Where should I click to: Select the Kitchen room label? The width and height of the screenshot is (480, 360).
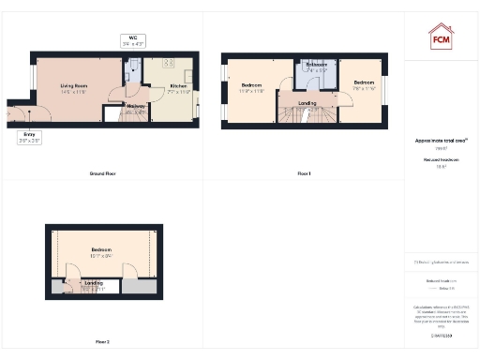[x=180, y=88]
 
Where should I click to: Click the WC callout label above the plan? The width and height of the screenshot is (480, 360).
[x=134, y=39]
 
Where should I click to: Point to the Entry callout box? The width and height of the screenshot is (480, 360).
[x=30, y=136]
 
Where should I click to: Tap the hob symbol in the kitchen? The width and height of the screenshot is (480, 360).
[x=170, y=63]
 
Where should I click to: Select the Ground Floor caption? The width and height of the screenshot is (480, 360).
[x=102, y=174]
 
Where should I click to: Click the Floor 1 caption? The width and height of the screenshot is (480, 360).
[x=303, y=174]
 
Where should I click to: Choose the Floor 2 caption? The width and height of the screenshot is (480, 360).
[x=102, y=341]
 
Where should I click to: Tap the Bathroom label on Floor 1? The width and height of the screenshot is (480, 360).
[x=315, y=66]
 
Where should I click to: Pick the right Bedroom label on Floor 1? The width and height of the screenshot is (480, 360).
[x=364, y=83]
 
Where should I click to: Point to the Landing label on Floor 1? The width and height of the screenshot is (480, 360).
[x=307, y=103]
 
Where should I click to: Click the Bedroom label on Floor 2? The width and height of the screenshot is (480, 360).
[x=101, y=251]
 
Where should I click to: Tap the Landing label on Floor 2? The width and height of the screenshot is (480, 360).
[x=94, y=282]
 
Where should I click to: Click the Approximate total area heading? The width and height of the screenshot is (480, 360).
[x=441, y=141]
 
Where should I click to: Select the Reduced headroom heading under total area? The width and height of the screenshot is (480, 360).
[x=441, y=161]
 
